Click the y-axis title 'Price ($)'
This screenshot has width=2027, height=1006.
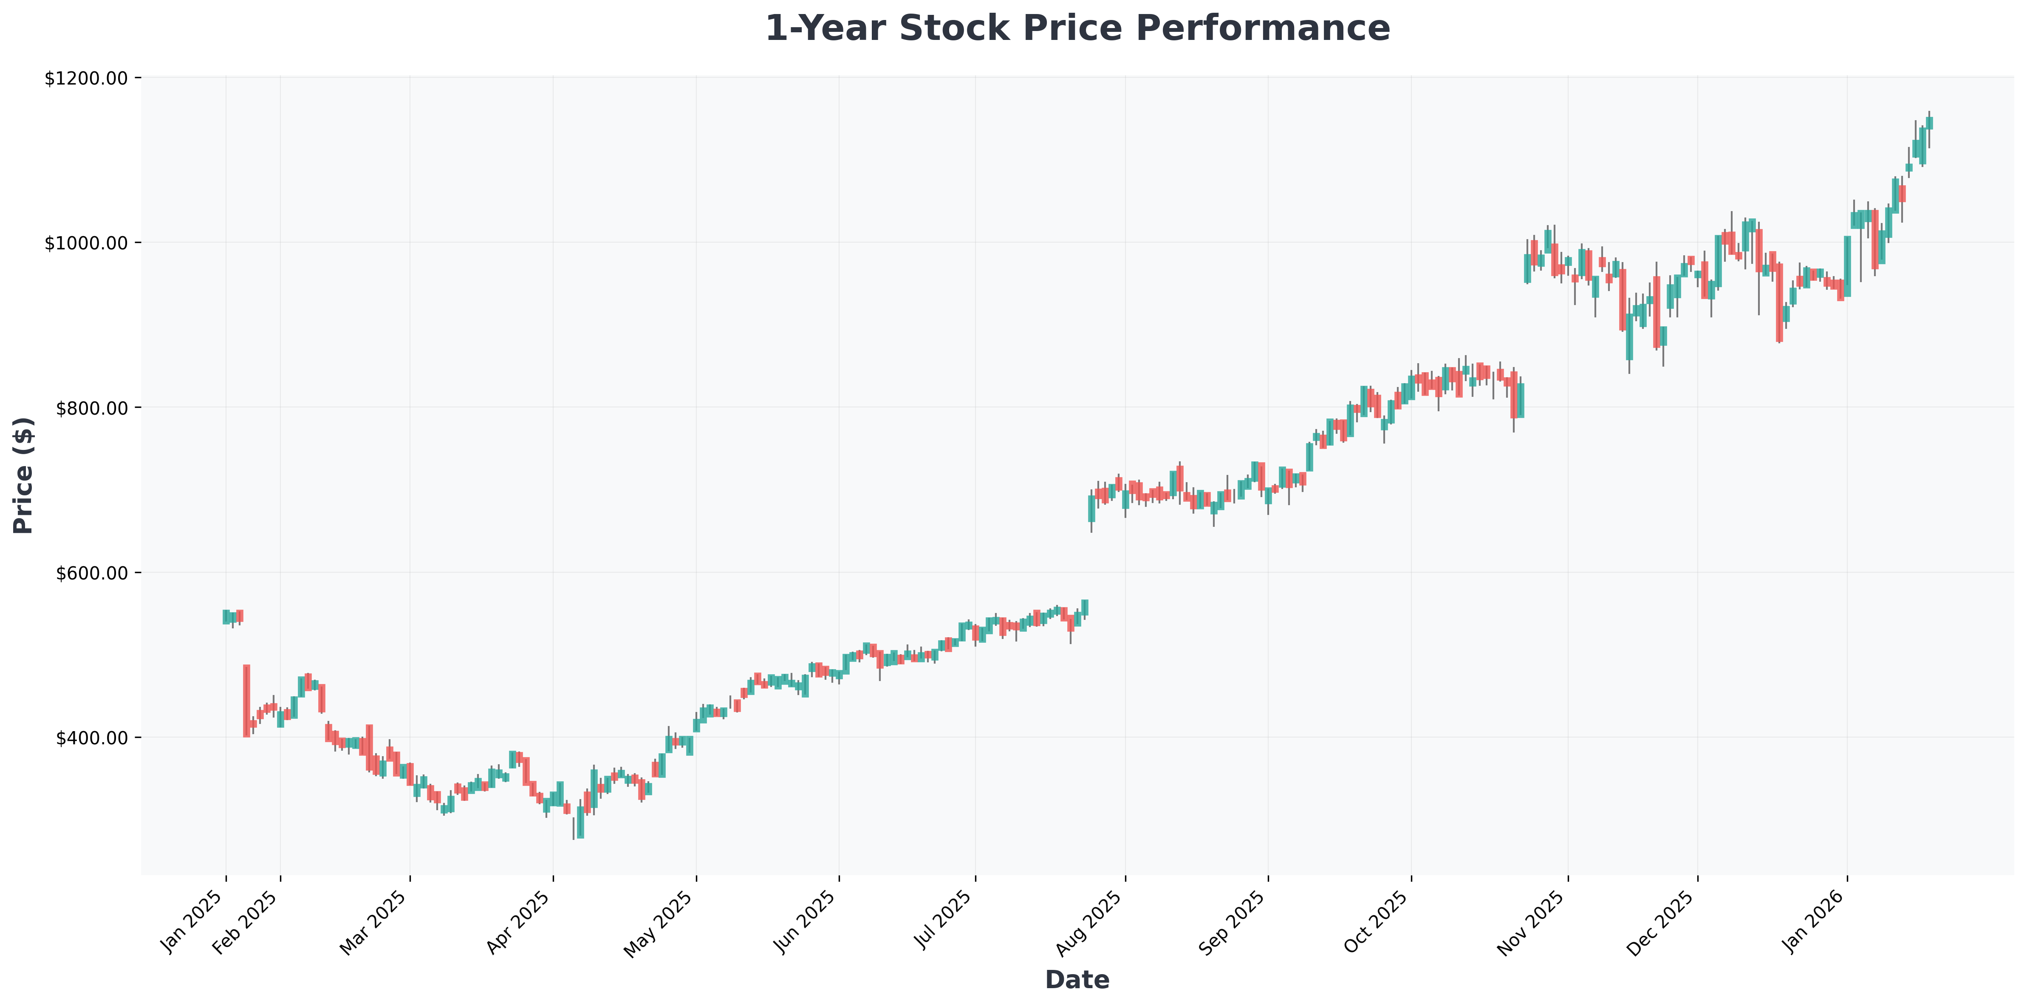[x=24, y=476]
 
